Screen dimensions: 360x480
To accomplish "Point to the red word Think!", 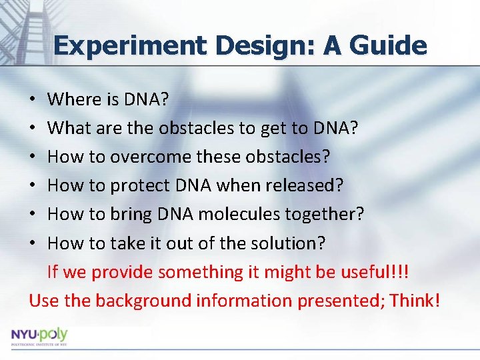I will tap(415, 300).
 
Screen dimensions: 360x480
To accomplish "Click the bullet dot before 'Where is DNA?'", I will tap(33, 100).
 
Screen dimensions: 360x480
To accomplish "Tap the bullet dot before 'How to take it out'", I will tap(33, 243).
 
